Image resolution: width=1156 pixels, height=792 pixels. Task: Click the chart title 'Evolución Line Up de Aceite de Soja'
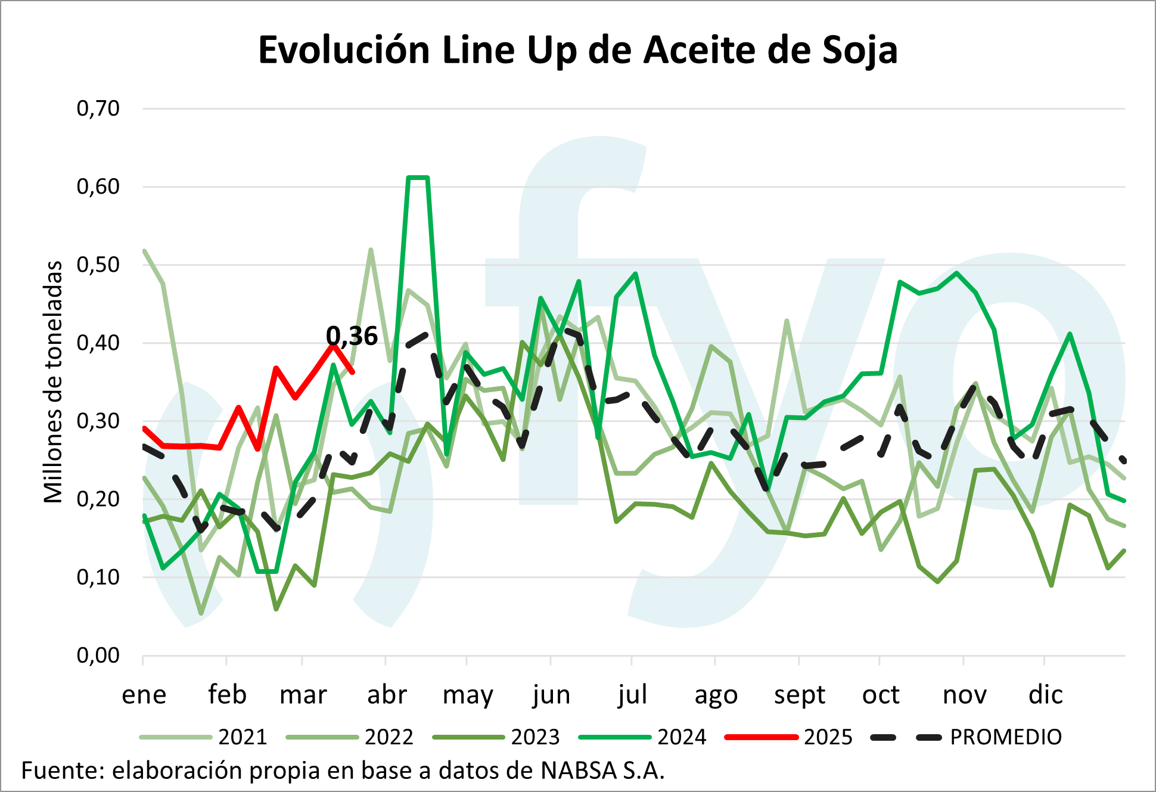[577, 50]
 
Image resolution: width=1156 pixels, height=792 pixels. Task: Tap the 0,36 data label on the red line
[352, 337]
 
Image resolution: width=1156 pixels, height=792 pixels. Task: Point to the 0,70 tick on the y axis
[98, 108]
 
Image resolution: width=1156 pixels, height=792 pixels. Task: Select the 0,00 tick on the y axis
[98, 656]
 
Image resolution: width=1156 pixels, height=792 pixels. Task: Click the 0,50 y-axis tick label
[98, 265]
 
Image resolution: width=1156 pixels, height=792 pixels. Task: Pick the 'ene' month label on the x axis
[144, 695]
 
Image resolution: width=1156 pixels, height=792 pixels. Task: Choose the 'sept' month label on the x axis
[800, 695]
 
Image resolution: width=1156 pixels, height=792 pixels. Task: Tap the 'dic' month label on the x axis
[1046, 695]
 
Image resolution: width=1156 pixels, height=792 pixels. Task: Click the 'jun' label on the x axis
[551, 695]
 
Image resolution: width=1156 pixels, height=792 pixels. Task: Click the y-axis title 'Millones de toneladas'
[54, 382]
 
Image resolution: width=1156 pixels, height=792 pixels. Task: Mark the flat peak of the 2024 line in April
[418, 178]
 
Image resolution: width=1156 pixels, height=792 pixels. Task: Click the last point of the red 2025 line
[353, 372]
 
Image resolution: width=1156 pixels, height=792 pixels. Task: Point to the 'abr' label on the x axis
[387, 695]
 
